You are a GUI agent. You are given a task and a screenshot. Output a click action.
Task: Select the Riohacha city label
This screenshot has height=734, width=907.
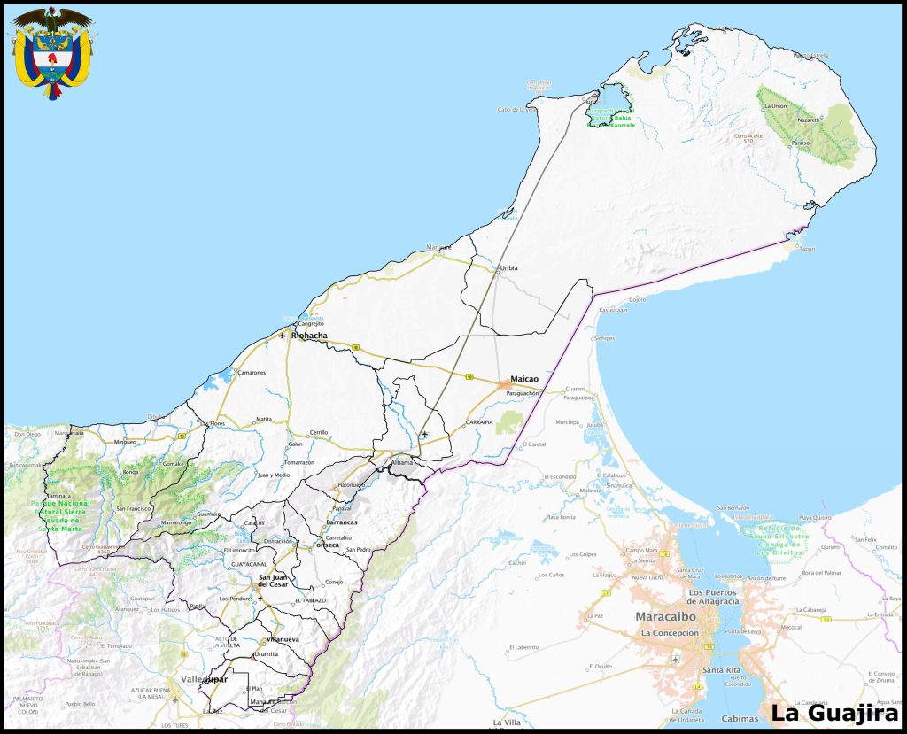pos(309,336)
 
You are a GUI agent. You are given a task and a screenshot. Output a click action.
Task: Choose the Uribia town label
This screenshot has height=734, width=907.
pos(508,267)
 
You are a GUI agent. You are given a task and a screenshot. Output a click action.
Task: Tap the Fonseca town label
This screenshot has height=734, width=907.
pos(326,545)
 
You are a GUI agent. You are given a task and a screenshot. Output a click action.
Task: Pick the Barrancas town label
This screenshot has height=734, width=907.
pos(341,522)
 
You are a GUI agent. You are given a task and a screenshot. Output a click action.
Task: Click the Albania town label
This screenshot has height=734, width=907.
pos(402,462)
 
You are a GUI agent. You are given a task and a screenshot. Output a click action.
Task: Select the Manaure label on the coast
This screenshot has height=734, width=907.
pos(438,246)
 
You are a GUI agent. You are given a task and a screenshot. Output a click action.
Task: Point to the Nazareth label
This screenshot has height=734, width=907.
pos(809,119)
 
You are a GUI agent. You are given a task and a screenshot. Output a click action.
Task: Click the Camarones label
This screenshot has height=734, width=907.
pos(251,373)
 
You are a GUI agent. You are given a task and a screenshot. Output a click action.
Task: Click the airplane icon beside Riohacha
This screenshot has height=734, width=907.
pos(282,336)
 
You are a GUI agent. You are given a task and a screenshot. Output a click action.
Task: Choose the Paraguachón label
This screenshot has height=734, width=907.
pos(523,392)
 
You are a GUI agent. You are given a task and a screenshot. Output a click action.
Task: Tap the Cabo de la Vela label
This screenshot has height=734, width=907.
pos(517,110)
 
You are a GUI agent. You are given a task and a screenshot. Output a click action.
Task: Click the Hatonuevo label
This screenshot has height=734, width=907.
pos(352,484)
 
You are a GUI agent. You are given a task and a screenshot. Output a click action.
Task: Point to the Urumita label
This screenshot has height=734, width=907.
pos(266,653)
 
